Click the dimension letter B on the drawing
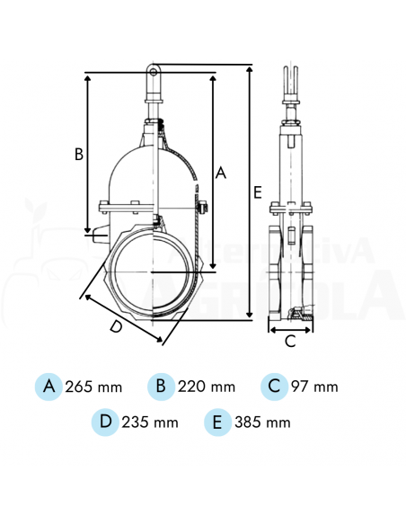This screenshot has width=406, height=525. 79,154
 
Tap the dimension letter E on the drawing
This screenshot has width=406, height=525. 257,192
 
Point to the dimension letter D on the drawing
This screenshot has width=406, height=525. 116,327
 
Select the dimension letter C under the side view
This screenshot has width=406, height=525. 290,341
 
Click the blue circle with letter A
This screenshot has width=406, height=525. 49,387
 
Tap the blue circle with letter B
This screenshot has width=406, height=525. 162,387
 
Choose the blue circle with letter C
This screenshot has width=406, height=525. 275,387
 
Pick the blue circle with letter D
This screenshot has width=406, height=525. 106,421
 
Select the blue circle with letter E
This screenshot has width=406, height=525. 218,421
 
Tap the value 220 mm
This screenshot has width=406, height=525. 207,387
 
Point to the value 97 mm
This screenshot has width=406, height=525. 315,387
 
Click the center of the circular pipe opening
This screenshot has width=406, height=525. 154,271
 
